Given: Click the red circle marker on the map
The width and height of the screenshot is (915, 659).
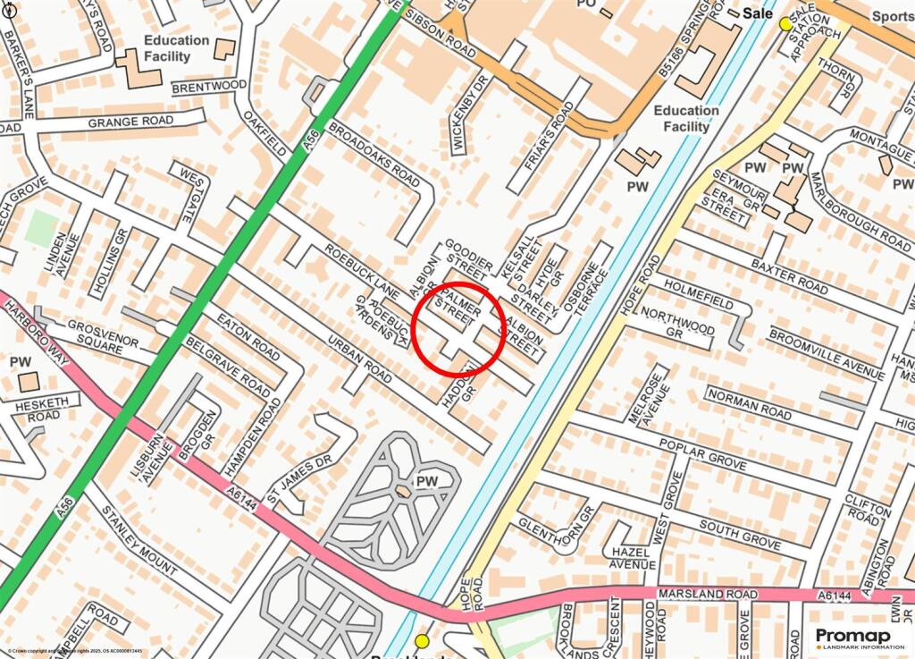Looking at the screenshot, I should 459,329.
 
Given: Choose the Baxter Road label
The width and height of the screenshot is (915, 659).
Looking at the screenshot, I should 789,275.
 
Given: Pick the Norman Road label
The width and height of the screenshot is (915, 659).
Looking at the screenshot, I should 749,403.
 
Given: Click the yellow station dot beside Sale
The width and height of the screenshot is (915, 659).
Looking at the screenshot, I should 785,24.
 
